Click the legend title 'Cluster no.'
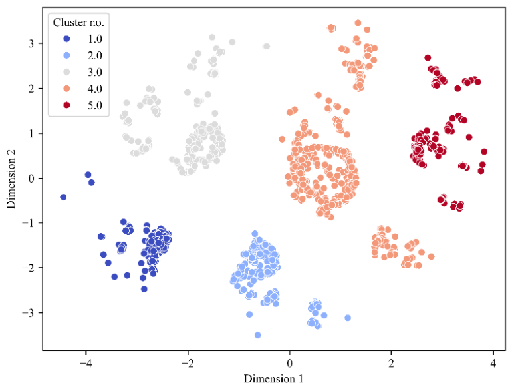(x=78, y=23)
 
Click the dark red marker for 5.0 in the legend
(x=66, y=105)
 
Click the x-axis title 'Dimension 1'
(x=273, y=379)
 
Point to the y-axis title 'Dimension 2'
(x=11, y=179)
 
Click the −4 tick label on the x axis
(x=86, y=363)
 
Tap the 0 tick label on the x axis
(x=289, y=363)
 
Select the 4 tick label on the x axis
(x=493, y=363)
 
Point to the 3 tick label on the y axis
(x=31, y=43)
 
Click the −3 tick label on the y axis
(x=28, y=313)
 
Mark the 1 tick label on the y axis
(x=31, y=133)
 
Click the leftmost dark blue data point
(x=63, y=197)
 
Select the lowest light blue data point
(x=257, y=335)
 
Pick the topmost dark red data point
(x=428, y=57)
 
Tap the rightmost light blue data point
(x=348, y=318)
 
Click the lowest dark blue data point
(x=144, y=289)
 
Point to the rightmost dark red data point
(x=484, y=151)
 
